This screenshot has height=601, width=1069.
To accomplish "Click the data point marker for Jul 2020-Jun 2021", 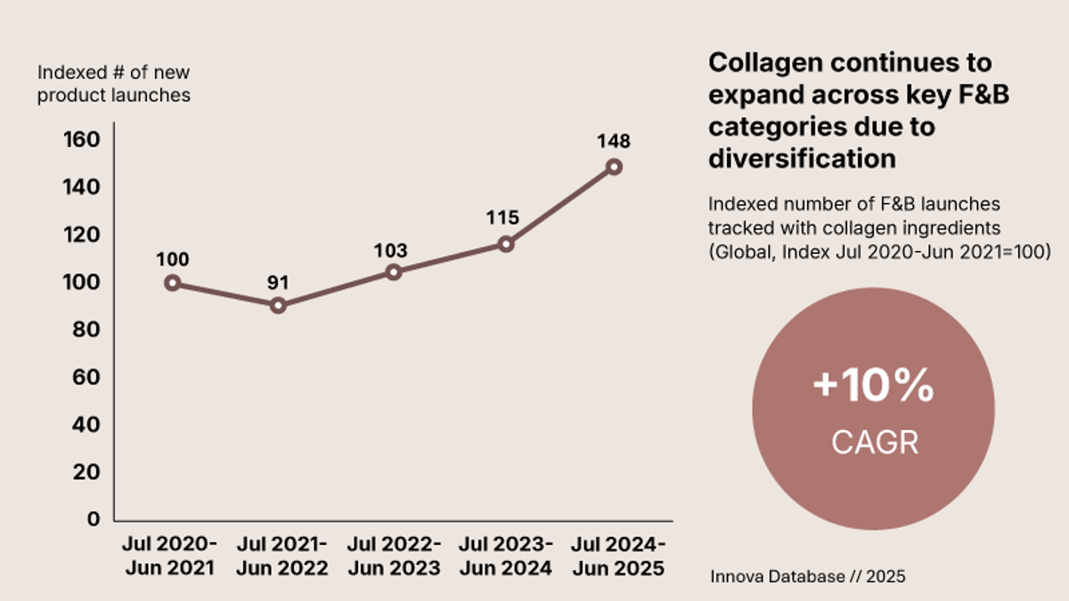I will (173, 283).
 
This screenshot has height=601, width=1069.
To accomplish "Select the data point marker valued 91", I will (278, 305).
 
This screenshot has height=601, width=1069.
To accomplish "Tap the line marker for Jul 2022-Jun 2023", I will (393, 272).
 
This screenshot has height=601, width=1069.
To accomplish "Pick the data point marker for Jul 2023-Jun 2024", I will (506, 243).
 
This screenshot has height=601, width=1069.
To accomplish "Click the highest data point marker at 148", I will (614, 166).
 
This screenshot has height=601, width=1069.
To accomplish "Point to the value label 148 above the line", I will (614, 142).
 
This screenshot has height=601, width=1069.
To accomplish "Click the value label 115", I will (502, 218).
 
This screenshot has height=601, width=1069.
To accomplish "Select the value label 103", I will (390, 250).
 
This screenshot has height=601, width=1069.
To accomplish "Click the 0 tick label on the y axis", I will (94, 519).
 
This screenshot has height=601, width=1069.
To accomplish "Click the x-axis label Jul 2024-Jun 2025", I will (617, 556).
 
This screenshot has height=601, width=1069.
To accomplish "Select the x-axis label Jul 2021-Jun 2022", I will (282, 556).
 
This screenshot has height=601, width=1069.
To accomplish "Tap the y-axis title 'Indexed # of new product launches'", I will (113, 84).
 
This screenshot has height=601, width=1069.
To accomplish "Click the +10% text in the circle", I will (873, 387).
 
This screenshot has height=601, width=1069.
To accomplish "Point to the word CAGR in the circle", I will (874, 443).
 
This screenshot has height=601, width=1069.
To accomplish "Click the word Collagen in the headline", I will (763, 63).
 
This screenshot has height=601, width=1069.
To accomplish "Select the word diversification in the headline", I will (802, 158).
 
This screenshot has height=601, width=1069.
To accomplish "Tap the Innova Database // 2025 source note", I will (807, 577).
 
